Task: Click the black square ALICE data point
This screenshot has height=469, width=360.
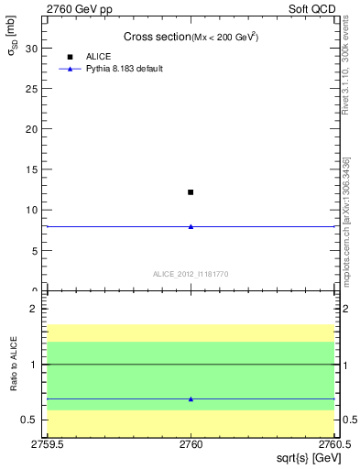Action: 191,192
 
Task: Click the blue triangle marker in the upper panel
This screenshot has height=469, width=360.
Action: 191,226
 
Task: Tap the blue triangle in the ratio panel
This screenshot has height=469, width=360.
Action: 191,399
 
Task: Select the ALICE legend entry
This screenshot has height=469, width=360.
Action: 99,57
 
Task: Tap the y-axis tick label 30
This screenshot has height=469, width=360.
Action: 35,49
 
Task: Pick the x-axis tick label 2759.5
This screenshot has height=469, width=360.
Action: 48,444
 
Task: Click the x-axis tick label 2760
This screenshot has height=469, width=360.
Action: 191,444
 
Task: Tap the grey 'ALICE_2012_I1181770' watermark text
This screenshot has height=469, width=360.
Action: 191,274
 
